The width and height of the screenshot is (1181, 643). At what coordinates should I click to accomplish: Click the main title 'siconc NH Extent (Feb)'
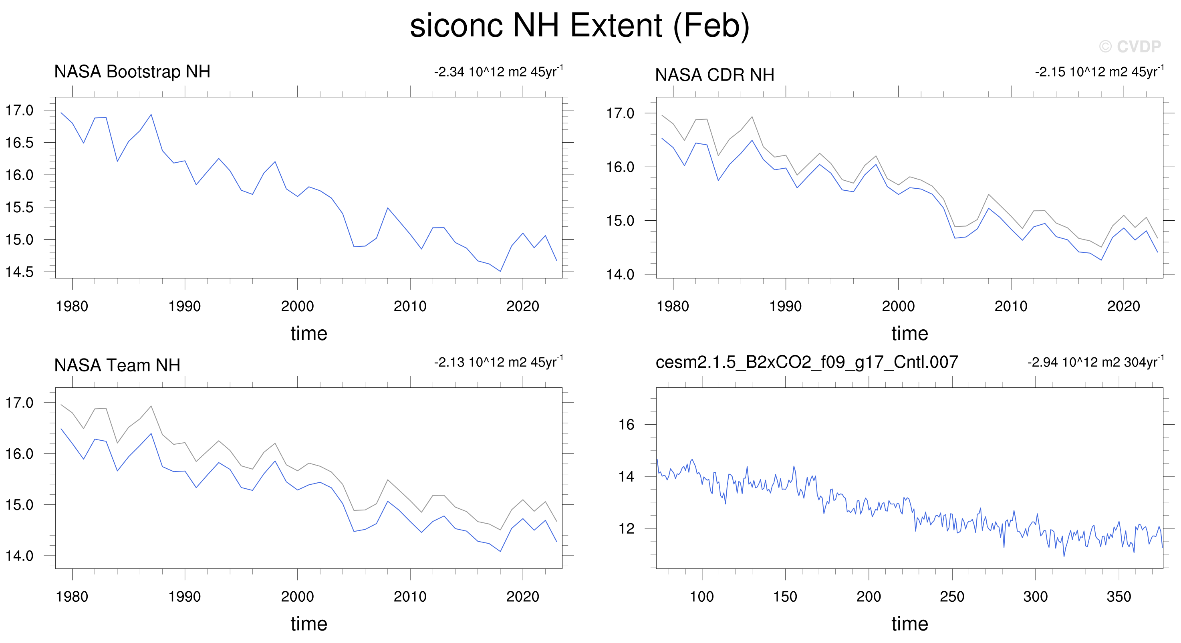point(580,26)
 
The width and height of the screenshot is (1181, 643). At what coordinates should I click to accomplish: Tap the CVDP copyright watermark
point(1130,46)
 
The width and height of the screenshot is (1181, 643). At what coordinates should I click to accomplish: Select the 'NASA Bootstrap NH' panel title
point(132,72)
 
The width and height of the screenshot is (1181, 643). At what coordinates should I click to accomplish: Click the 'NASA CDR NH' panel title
point(714,75)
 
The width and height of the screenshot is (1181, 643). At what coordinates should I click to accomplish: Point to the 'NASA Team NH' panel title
point(117,365)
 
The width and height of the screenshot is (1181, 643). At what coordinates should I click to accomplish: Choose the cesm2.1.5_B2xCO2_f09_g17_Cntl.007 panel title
point(806,362)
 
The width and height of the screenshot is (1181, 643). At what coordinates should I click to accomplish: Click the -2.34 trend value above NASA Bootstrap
point(498,72)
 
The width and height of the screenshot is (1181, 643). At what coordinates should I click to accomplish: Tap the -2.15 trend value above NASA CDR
point(1099,72)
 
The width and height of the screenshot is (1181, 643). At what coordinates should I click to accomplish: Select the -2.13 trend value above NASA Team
point(498,362)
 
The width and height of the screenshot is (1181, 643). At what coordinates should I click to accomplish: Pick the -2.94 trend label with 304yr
point(1095,362)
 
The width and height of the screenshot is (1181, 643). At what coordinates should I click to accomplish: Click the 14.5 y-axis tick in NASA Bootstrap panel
point(19,272)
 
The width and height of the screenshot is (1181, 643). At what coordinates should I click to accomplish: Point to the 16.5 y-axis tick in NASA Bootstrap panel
point(19,143)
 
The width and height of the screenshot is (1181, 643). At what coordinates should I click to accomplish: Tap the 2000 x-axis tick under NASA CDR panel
point(898,306)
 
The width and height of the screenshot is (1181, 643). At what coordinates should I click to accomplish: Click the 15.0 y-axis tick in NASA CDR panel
point(620,221)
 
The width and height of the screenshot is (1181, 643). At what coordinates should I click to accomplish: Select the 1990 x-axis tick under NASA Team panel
point(185,596)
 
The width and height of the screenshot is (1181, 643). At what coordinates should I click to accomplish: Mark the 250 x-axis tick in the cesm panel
point(952,596)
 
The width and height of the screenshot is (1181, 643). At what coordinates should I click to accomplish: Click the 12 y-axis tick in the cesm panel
point(626,528)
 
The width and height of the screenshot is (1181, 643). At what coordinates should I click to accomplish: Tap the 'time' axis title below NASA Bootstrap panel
point(309,333)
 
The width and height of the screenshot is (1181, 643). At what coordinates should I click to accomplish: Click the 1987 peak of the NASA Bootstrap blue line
point(151,115)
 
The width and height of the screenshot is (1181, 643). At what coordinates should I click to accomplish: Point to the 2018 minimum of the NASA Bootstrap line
point(500,271)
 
